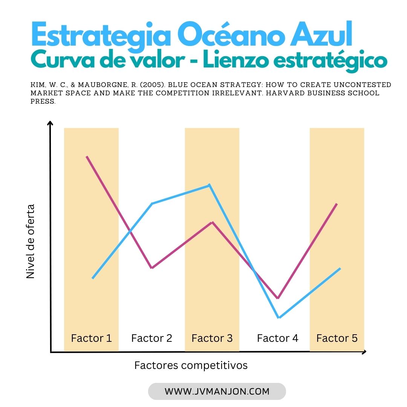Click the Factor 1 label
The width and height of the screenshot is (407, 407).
[91, 338]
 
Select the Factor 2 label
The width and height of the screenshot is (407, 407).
[151, 338]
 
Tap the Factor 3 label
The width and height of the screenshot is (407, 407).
[212, 338]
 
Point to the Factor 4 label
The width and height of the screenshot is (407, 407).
[277, 338]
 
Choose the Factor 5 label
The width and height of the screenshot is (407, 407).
[337, 338]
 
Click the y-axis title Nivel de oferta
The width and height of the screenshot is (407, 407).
[31, 241]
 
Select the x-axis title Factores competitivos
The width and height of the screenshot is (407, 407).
[191, 365]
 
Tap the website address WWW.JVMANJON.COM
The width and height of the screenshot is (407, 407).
[217, 392]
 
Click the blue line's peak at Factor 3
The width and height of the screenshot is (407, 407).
[209, 185]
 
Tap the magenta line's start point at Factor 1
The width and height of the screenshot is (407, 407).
[87, 156]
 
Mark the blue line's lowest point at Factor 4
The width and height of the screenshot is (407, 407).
[278, 317]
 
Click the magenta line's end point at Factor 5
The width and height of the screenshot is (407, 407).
[337, 204]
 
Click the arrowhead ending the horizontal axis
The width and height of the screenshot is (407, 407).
[364, 352]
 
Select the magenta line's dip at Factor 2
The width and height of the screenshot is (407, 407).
[151, 268]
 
